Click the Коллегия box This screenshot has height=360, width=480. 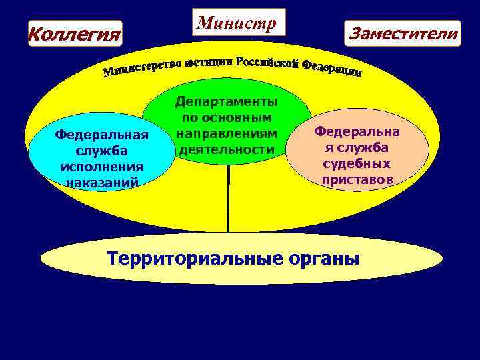point(75,33)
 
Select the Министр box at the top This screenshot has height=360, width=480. point(238,23)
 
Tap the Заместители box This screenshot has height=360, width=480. point(402,33)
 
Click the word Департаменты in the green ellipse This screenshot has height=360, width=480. point(227,101)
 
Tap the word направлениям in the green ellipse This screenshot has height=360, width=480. point(227,133)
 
